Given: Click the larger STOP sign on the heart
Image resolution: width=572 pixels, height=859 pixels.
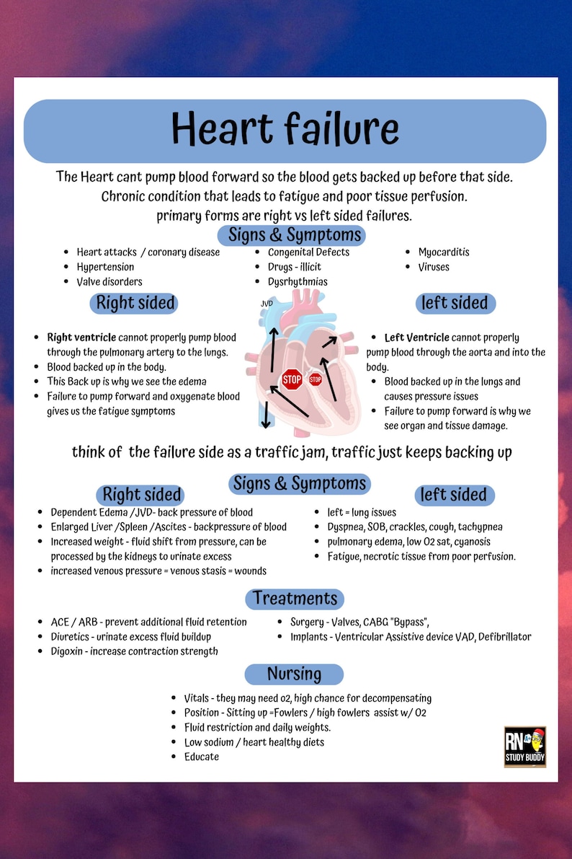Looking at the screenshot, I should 292,379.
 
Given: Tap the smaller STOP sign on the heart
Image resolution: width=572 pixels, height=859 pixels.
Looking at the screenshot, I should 316,379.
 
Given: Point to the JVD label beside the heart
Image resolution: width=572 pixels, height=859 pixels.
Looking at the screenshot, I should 267,304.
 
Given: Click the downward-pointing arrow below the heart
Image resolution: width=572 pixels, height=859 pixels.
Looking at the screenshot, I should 266,415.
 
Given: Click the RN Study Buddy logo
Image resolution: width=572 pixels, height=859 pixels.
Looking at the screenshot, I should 524,746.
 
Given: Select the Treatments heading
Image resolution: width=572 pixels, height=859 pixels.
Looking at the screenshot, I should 295,599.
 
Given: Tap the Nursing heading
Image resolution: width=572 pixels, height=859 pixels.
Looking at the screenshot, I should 294,674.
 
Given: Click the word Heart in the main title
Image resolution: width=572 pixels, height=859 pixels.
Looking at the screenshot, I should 220,131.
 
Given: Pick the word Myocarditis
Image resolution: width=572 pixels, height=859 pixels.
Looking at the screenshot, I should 444,252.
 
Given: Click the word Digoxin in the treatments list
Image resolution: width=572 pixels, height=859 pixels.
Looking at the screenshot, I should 68,651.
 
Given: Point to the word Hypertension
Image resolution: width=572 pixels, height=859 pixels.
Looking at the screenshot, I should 105,267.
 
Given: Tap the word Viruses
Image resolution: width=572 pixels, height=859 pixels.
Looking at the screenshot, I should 434,267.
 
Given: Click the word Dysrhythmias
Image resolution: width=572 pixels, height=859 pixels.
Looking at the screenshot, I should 298,282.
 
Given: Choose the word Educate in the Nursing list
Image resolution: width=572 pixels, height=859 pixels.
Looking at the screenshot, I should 202,757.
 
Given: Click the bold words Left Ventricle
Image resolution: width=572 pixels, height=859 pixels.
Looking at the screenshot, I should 416,338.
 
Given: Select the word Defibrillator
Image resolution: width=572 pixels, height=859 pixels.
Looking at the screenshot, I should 503,637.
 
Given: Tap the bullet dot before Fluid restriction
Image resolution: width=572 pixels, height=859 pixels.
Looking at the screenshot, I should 175,728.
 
